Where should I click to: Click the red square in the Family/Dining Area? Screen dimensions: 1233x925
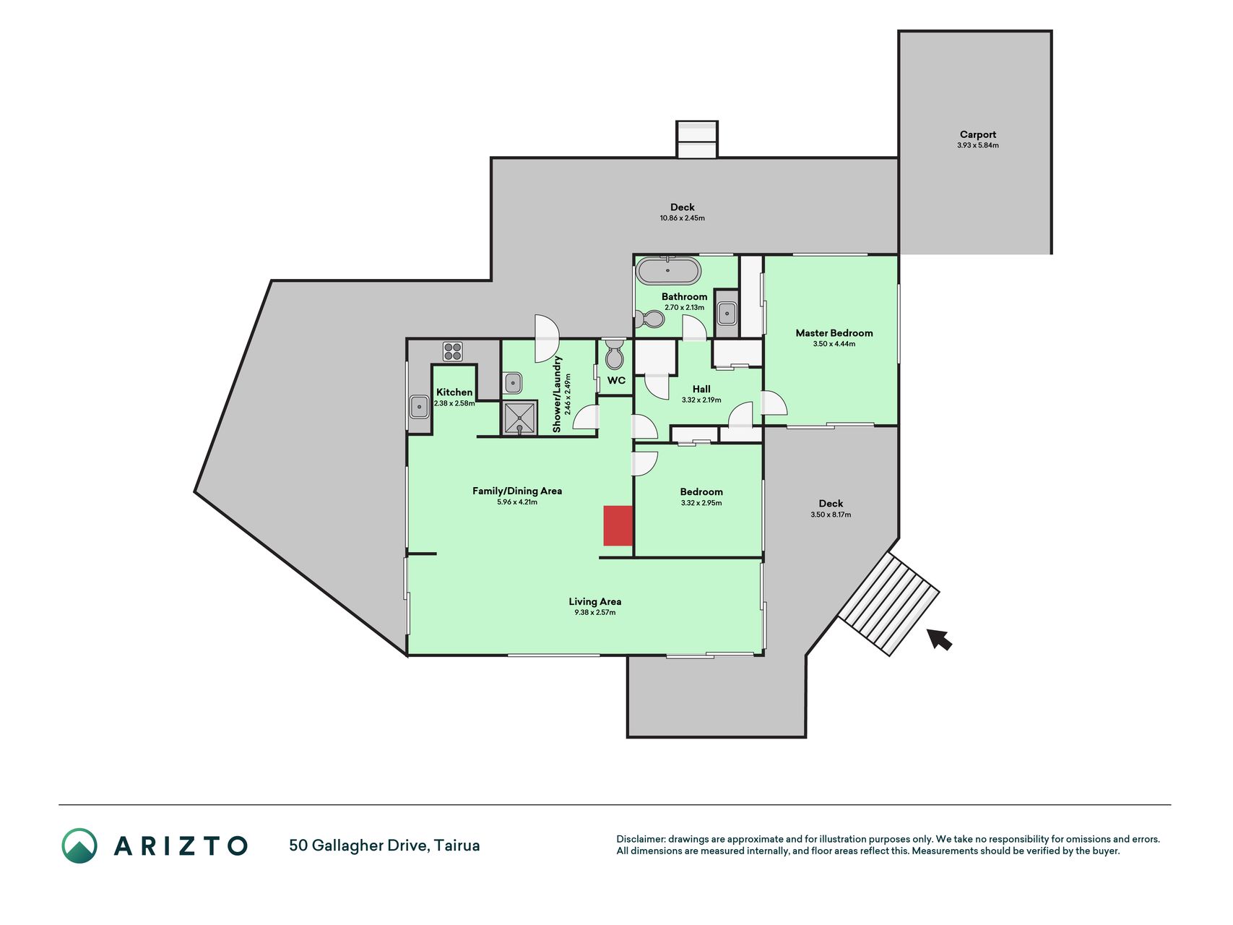[618, 525]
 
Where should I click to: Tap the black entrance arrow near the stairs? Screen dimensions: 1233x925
[939, 639]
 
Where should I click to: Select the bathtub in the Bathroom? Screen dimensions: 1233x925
[668, 271]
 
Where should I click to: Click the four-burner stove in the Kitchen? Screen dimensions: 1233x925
[453, 351]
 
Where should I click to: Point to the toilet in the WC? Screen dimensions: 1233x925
[615, 353]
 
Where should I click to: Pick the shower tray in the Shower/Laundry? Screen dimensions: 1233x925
[520, 418]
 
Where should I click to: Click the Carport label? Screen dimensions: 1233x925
[978, 134]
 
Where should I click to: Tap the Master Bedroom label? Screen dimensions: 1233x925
[834, 333]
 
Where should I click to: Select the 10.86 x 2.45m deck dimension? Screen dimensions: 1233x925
[682, 218]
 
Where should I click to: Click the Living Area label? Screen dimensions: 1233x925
[594, 601]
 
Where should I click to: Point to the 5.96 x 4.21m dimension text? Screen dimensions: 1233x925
[517, 502]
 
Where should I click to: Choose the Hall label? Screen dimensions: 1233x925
[701, 389]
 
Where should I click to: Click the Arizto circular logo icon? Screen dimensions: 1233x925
[79, 846]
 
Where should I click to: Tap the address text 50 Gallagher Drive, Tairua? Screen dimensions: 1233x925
[384, 846]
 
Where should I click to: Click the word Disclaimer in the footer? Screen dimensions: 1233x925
[640, 839]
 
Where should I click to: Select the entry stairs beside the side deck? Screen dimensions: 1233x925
[888, 603]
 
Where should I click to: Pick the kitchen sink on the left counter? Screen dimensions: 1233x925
[419, 407]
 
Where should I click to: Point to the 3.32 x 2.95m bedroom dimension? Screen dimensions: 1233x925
[701, 503]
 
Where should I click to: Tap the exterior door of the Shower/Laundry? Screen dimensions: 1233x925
[547, 338]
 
